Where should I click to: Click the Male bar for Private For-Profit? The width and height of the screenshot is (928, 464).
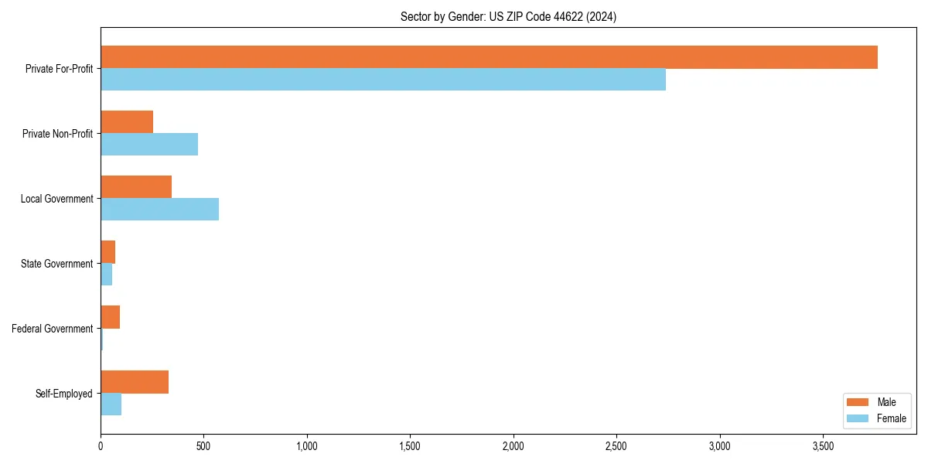[489, 57]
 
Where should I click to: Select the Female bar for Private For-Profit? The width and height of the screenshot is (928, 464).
[383, 80]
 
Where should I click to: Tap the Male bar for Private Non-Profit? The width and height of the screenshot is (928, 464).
[127, 122]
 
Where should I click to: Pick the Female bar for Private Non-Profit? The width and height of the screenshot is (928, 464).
[149, 145]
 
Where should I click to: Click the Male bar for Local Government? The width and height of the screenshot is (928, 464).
[136, 187]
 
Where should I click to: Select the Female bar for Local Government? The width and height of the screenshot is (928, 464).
[159, 210]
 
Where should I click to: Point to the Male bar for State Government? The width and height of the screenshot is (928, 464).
[107, 252]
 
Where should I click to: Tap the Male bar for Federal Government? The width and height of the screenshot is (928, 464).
[110, 317]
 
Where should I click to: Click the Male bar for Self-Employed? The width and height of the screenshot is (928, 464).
[135, 382]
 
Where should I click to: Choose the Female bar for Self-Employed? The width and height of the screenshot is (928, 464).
[111, 404]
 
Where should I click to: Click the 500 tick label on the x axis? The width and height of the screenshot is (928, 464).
[203, 446]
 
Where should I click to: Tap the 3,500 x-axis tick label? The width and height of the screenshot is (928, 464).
[823, 446]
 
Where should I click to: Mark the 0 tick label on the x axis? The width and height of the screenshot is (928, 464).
[101, 446]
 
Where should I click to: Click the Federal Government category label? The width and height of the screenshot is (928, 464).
[53, 329]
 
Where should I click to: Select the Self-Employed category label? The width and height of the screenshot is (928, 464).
[64, 394]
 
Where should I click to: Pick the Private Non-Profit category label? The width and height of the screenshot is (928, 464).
[57, 134]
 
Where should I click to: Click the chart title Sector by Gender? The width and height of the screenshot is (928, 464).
[508, 16]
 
